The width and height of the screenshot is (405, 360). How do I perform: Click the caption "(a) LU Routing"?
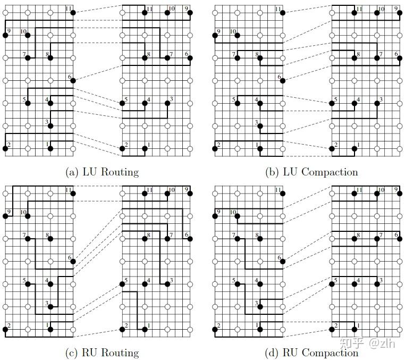[102, 172]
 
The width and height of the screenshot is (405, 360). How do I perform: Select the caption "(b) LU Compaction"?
[311, 172]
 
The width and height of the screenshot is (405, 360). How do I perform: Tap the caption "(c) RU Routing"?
[102, 352]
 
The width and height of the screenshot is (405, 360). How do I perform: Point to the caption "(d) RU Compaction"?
[311, 352]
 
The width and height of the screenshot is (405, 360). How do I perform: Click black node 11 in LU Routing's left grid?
[73, 12]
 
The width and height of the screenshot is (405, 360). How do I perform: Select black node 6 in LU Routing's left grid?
[73, 80]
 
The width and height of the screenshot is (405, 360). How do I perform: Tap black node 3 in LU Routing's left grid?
[50, 126]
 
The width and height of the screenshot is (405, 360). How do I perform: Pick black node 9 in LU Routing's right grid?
[190, 12]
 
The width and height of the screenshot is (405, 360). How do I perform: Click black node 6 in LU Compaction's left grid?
[282, 80]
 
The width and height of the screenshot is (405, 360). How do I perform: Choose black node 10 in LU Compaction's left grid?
[237, 35]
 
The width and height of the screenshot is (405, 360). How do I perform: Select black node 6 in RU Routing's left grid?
[73, 261]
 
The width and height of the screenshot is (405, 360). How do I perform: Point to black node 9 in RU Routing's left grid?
[5, 216]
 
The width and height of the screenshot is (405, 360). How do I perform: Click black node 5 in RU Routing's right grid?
[122, 283]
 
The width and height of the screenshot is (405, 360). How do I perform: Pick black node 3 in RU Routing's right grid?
[167, 283]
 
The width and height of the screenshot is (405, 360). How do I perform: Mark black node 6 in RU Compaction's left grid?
[282, 261]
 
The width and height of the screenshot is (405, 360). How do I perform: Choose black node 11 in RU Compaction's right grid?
[355, 193]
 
